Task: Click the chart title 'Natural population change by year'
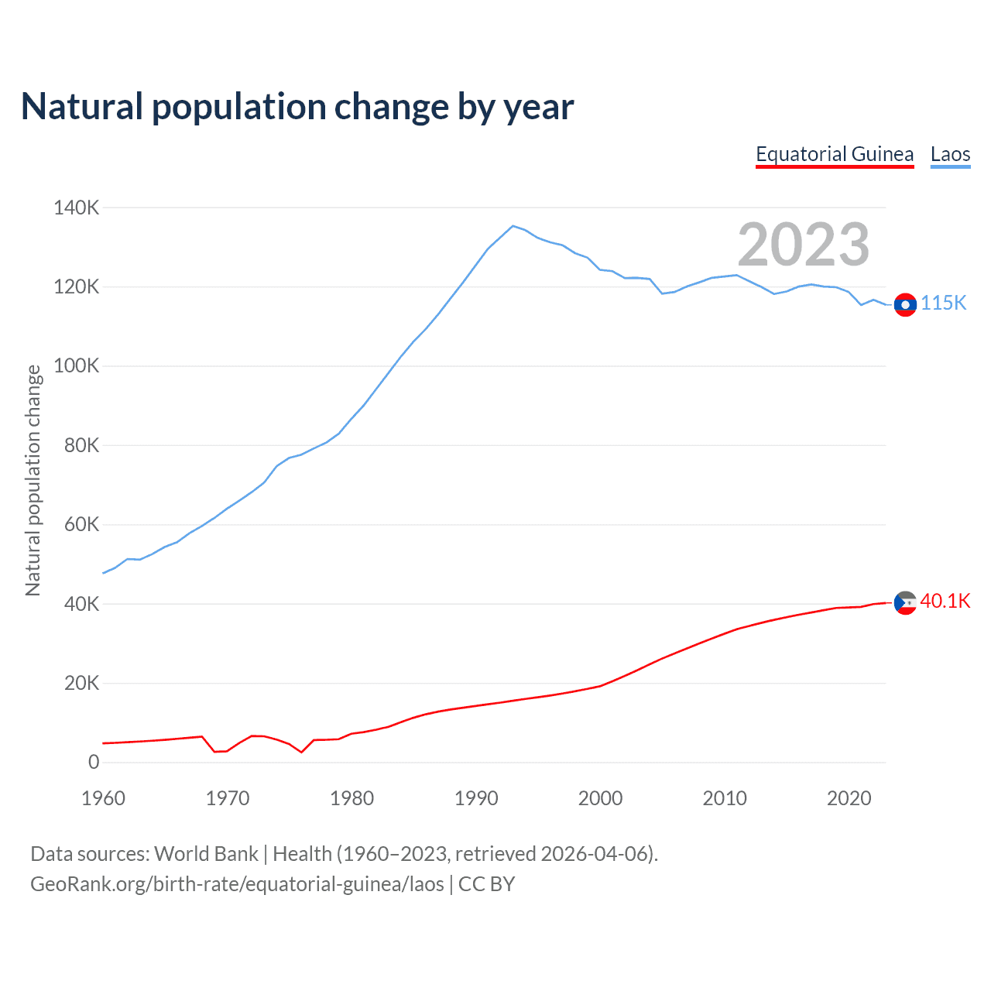tap(297, 107)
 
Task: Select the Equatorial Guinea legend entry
tap(835, 154)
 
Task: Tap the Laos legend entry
tap(950, 154)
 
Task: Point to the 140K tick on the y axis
tap(76, 207)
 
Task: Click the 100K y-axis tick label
tap(76, 366)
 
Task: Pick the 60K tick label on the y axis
tap(81, 525)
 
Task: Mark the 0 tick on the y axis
tap(94, 763)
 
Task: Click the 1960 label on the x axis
tap(103, 798)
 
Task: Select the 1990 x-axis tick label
tap(476, 798)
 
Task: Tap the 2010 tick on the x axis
tap(725, 798)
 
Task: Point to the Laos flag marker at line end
tap(905, 305)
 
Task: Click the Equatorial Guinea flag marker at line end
tap(905, 602)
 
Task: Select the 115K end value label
tap(943, 303)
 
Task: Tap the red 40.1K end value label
tap(945, 602)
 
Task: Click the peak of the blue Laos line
tap(513, 226)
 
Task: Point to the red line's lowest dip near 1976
tap(301, 752)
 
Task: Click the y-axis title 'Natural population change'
tap(33, 480)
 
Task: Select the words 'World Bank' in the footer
tap(206, 854)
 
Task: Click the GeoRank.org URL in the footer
tap(237, 884)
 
